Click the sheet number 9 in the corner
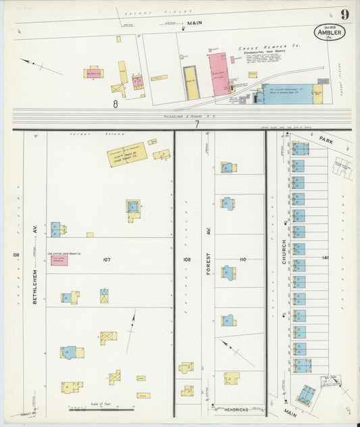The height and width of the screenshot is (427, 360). [x=344, y=14]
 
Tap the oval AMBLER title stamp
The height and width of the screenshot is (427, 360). [x=329, y=32]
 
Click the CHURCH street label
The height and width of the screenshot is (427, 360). [x=284, y=251]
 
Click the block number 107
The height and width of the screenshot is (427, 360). [x=106, y=259]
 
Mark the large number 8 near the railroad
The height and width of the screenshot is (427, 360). [x=115, y=104]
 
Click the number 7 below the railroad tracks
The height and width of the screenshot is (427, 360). [x=197, y=124]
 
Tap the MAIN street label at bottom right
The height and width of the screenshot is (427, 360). [x=289, y=412]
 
